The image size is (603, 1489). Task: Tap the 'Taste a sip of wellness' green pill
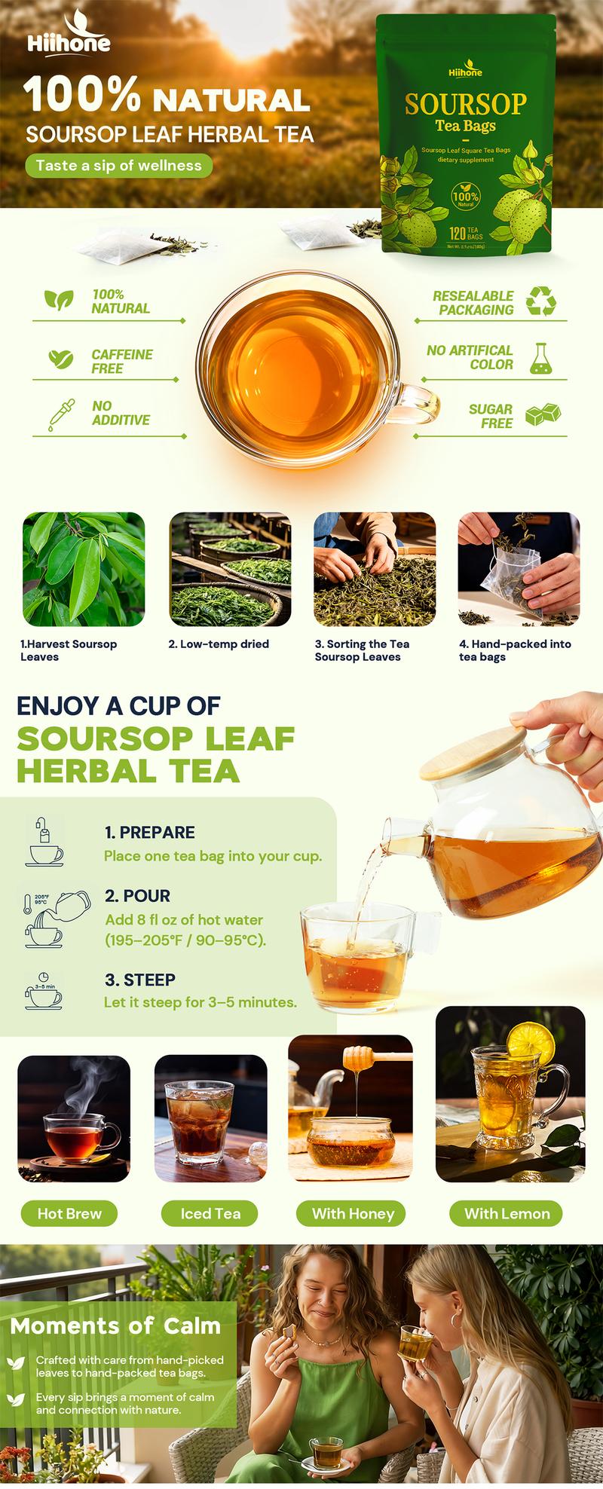118,165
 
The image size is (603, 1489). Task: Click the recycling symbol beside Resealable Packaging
540,300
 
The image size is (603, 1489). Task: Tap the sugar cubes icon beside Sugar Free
542,415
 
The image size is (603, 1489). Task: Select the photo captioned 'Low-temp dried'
230,569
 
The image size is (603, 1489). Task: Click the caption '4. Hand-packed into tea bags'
515,650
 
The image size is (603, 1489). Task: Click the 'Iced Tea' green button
210,1213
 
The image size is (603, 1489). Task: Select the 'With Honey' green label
353,1213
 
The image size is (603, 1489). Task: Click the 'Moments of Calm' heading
115,1325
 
